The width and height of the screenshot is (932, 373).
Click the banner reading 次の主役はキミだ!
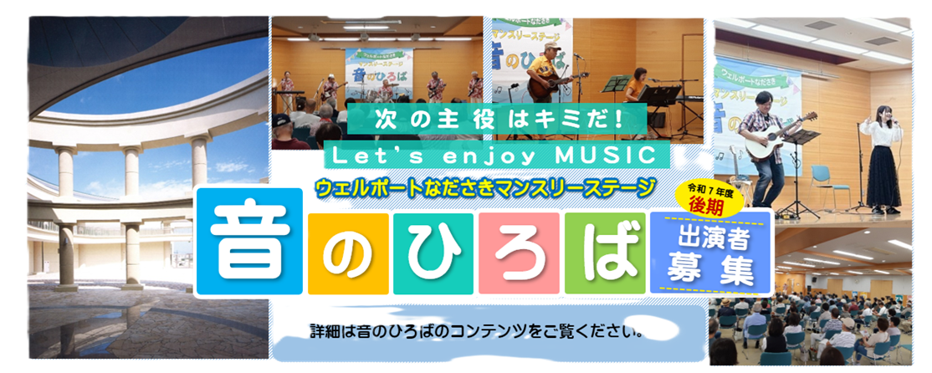click(499, 118)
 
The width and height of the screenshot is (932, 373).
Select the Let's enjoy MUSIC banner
click(499, 155)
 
